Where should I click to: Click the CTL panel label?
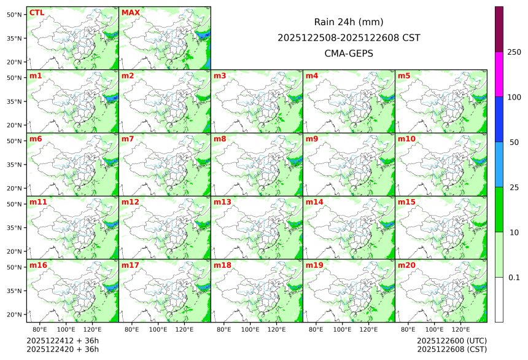pos(36,13)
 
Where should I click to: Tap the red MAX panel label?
pos(130,13)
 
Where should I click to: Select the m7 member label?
pos(128,139)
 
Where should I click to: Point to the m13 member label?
pos(222,202)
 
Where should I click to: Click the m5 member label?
pos(404,76)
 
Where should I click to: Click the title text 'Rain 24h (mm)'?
pos(349,22)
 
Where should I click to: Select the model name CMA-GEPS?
pos(349,53)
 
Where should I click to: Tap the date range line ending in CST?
pos(349,37)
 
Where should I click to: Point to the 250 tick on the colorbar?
pos(514,52)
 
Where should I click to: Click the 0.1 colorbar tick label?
pos(514,278)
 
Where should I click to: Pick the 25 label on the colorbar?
pos(514,187)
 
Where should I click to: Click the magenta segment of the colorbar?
pos(499,74)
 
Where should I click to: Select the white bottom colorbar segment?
pos(499,299)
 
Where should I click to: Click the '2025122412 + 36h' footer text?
pos(63,341)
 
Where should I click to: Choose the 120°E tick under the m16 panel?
pos(92,330)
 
